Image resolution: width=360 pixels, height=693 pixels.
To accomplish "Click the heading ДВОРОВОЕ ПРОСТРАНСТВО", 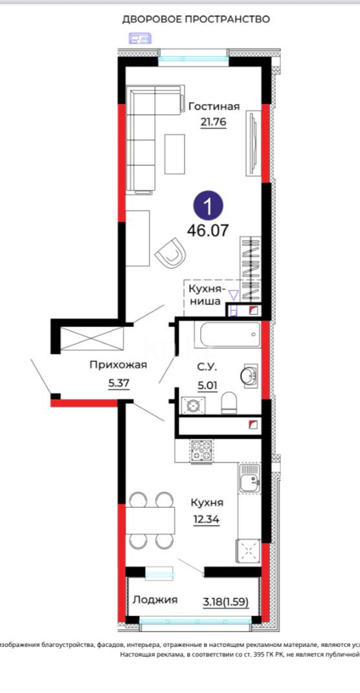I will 196,19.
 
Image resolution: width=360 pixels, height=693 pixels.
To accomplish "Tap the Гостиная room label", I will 214,106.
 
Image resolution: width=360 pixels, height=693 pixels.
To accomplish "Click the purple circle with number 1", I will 208,207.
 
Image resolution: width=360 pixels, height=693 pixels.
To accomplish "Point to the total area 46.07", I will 208,230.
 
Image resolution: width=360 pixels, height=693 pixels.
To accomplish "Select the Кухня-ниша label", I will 206,294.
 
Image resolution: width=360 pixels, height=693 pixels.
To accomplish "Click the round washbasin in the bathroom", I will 249,375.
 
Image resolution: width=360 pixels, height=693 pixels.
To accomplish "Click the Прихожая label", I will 118,365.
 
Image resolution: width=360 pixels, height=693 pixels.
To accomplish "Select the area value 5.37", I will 119,382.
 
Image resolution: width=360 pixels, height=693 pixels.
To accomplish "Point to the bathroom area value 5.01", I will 207,384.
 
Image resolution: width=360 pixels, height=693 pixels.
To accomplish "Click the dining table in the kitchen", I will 150,519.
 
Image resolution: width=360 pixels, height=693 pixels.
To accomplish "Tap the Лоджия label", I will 155,600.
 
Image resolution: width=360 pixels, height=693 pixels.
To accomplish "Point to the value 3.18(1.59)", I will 225,600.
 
